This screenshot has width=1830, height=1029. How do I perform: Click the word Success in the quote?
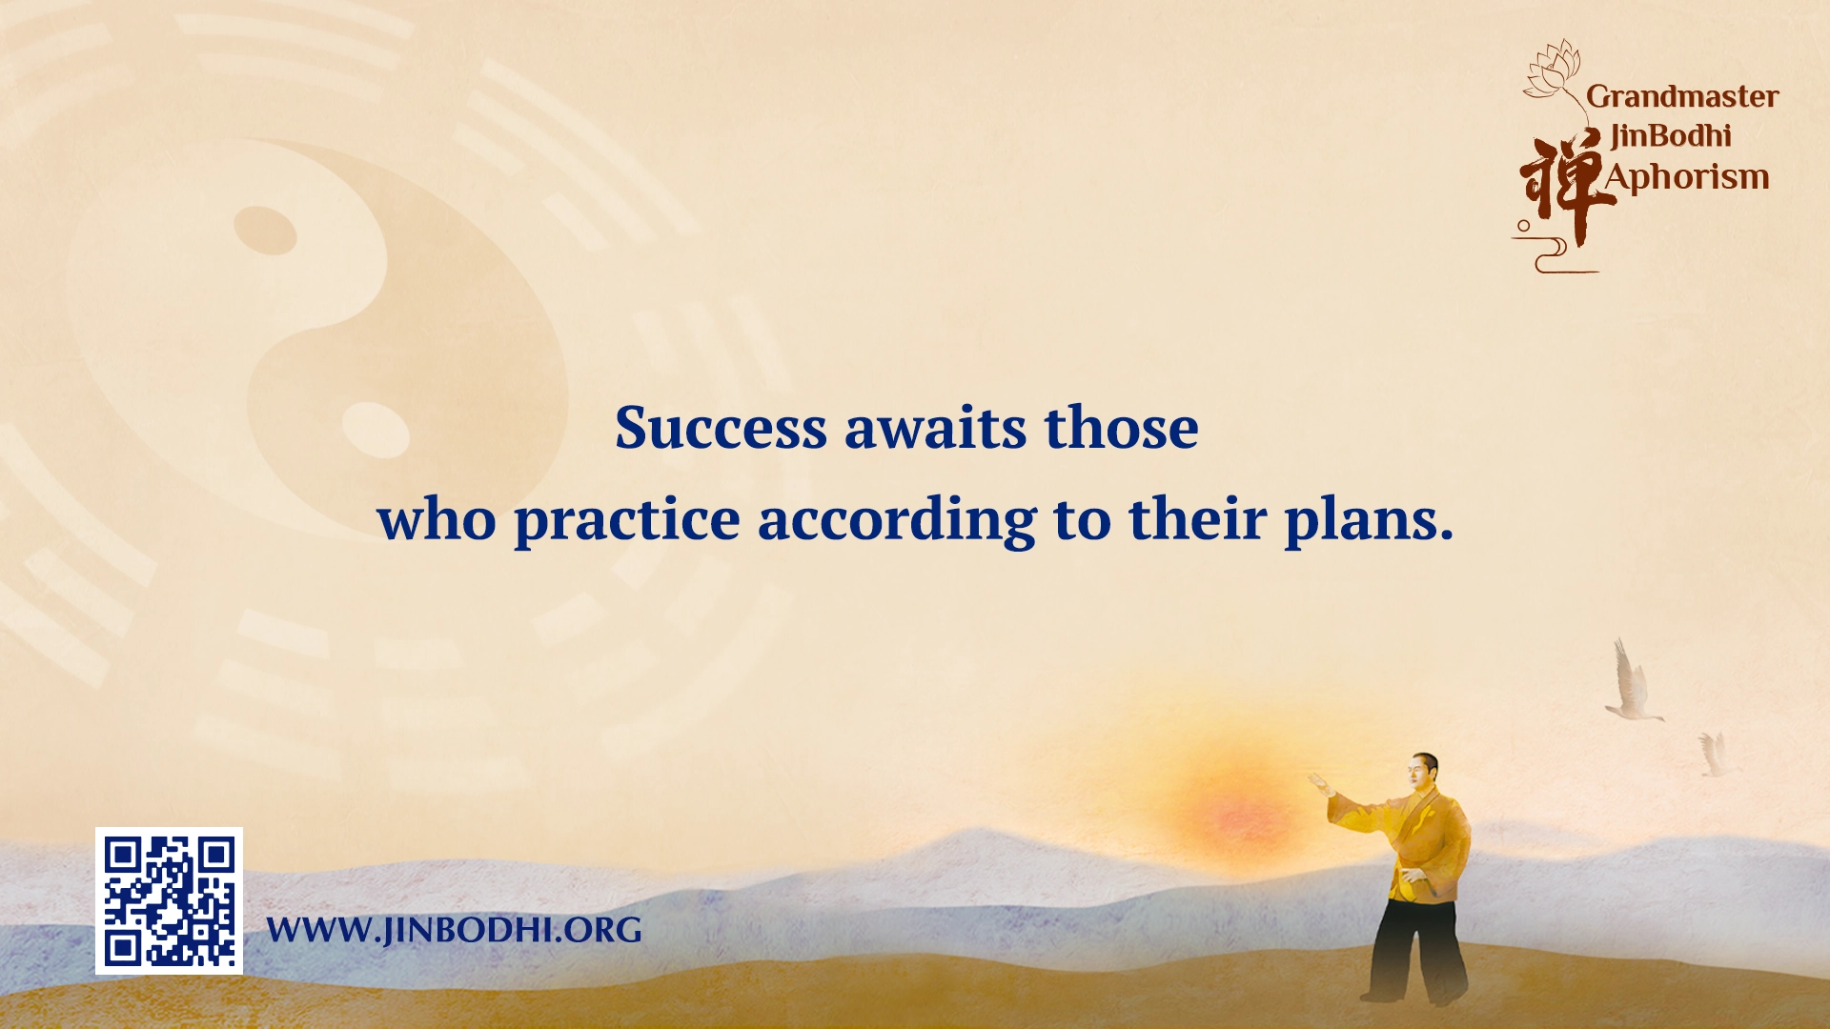[721, 428]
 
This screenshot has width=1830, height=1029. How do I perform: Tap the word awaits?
[935, 428]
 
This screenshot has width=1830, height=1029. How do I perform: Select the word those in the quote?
[1121, 428]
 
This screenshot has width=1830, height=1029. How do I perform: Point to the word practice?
[626, 520]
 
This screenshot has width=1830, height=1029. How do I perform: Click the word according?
[896, 520]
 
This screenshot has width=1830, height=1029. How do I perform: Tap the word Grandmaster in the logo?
[1682, 96]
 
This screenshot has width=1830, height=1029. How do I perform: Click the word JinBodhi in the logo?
[1670, 136]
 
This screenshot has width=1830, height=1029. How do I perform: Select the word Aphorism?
[1687, 177]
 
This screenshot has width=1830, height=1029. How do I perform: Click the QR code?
[169, 900]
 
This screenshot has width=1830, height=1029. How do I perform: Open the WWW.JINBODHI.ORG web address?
[454, 930]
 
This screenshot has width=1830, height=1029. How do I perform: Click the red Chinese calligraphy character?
[1559, 186]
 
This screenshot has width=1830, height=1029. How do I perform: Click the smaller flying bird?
[1713, 755]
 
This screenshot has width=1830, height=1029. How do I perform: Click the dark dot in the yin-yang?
[265, 230]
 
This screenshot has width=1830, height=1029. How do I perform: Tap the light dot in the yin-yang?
[375, 429]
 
